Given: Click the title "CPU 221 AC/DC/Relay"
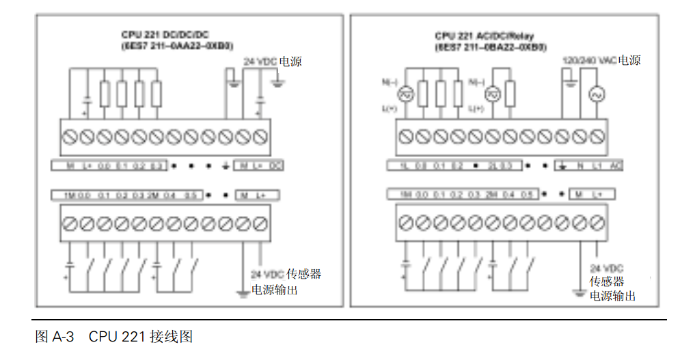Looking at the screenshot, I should pyautogui.click(x=486, y=36).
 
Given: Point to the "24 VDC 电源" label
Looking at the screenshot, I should pyautogui.click(x=273, y=61).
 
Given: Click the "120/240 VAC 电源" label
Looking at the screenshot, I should pyautogui.click(x=601, y=61).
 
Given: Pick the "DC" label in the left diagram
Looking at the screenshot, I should pyautogui.click(x=276, y=166).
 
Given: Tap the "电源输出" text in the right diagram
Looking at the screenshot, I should pyautogui.click(x=612, y=296).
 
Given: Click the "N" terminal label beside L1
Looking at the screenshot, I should pyautogui.click(x=580, y=166).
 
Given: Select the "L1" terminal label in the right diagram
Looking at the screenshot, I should pyautogui.click(x=596, y=166).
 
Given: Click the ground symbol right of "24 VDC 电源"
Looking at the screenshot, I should pyautogui.click(x=277, y=83).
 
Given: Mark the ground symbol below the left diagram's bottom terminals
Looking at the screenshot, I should pyautogui.click(x=242, y=294).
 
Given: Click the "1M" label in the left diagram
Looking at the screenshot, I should pyautogui.click(x=69, y=196).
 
